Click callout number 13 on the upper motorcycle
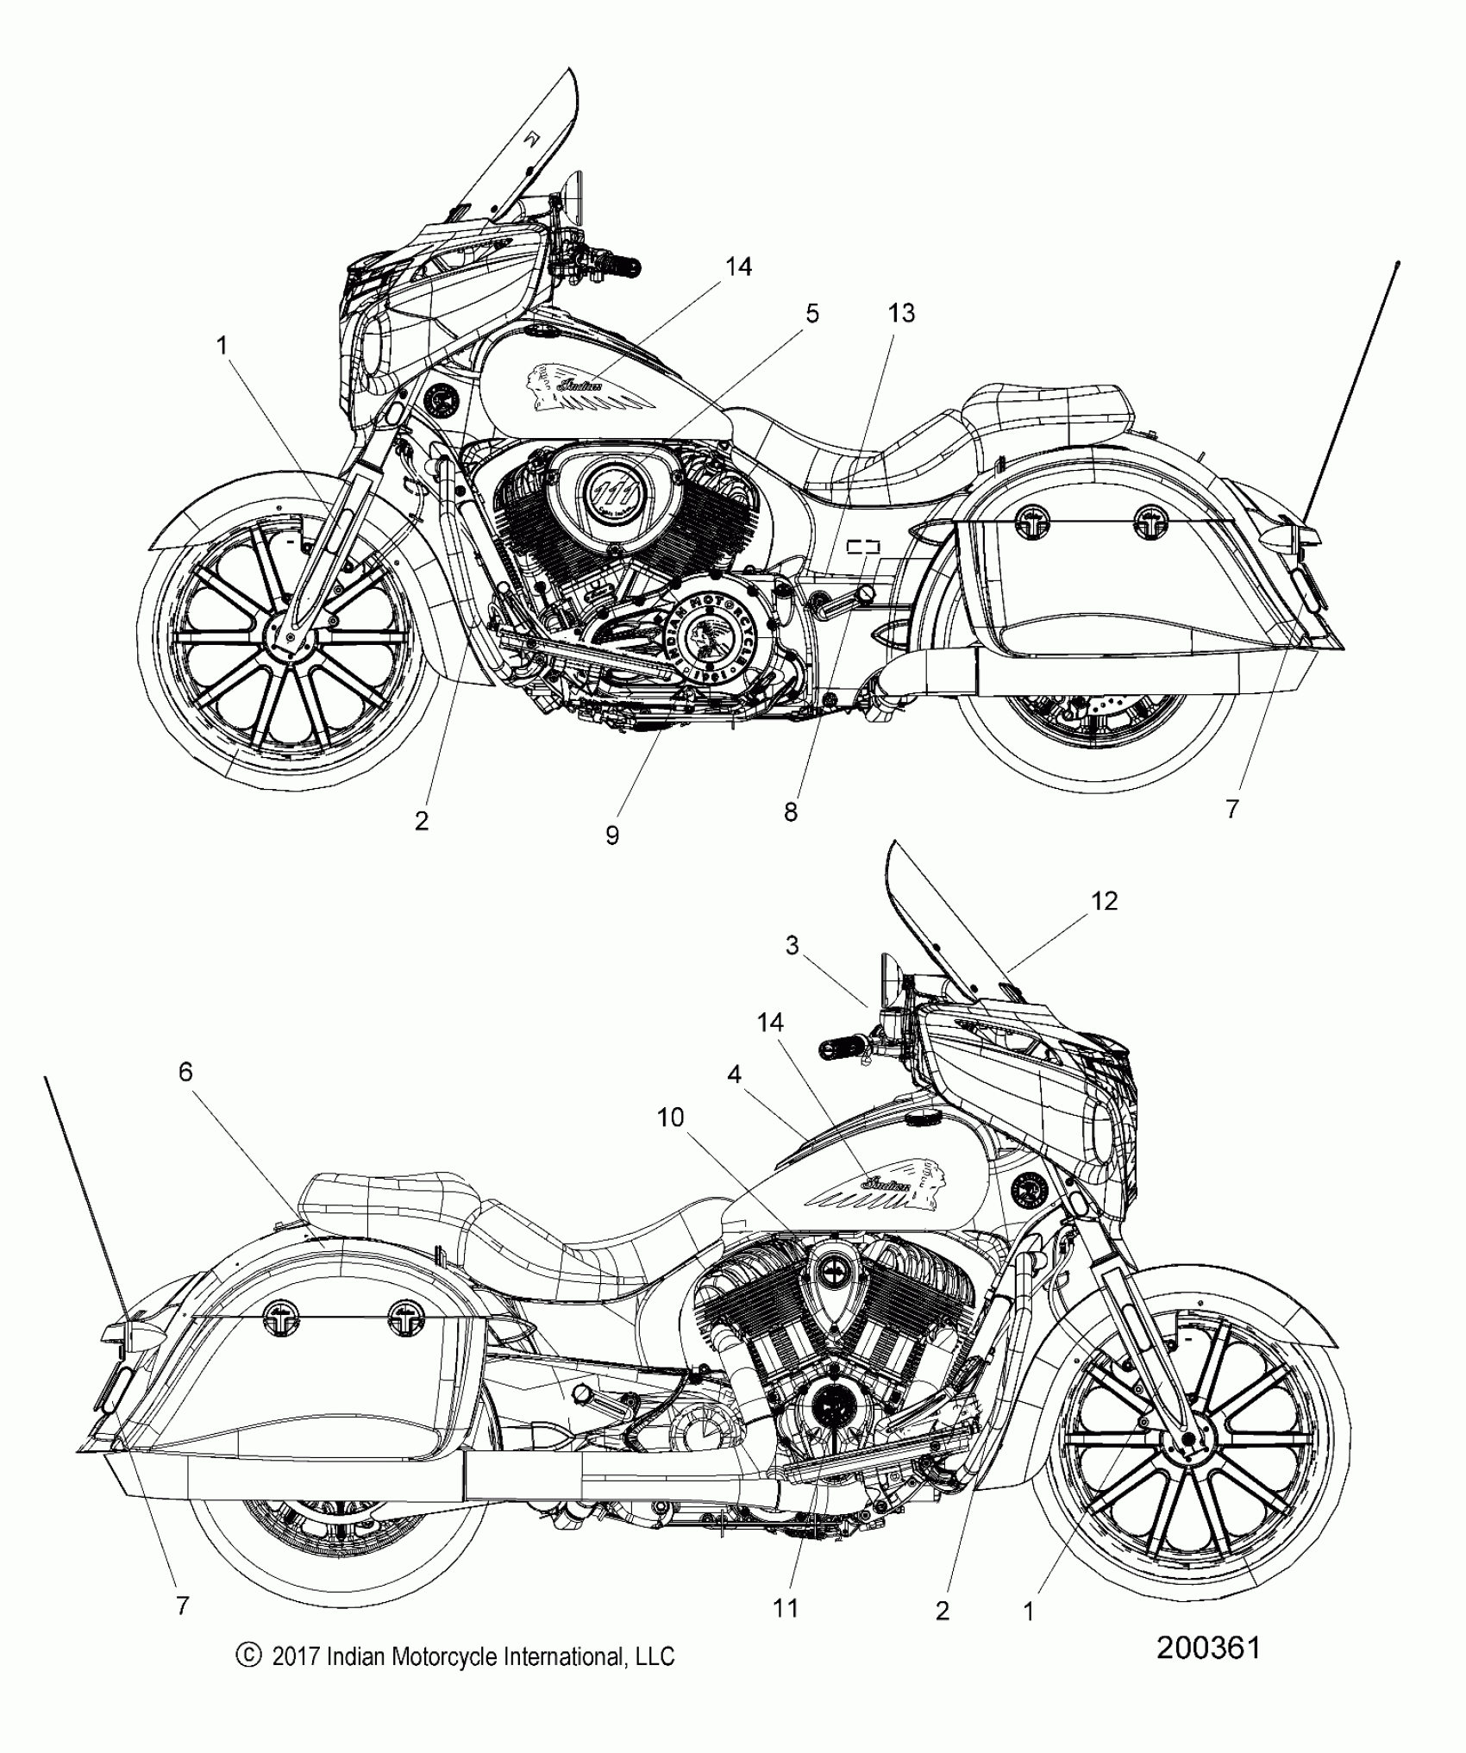tap(901, 313)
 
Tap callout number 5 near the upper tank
tap(811, 314)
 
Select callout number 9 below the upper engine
tap(612, 835)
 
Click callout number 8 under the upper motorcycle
tap(791, 811)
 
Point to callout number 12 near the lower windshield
tap(1104, 901)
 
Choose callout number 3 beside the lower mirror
tap(793, 946)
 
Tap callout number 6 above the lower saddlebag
tap(185, 1072)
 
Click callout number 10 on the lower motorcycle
tap(670, 1118)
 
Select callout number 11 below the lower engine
tap(786, 1607)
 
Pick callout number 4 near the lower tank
tap(734, 1074)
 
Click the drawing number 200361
tap(1208, 1648)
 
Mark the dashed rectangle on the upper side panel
tap(863, 546)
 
